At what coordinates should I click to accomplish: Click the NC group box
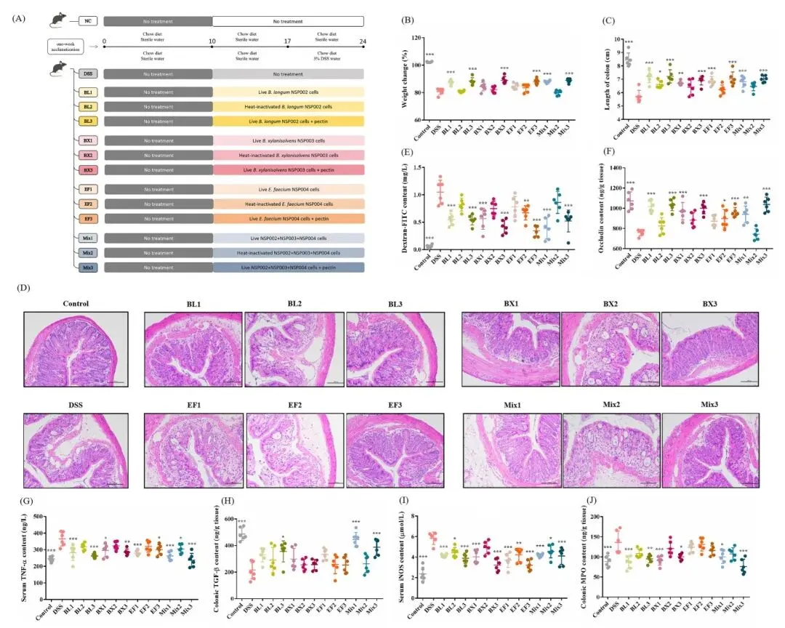(87, 23)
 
